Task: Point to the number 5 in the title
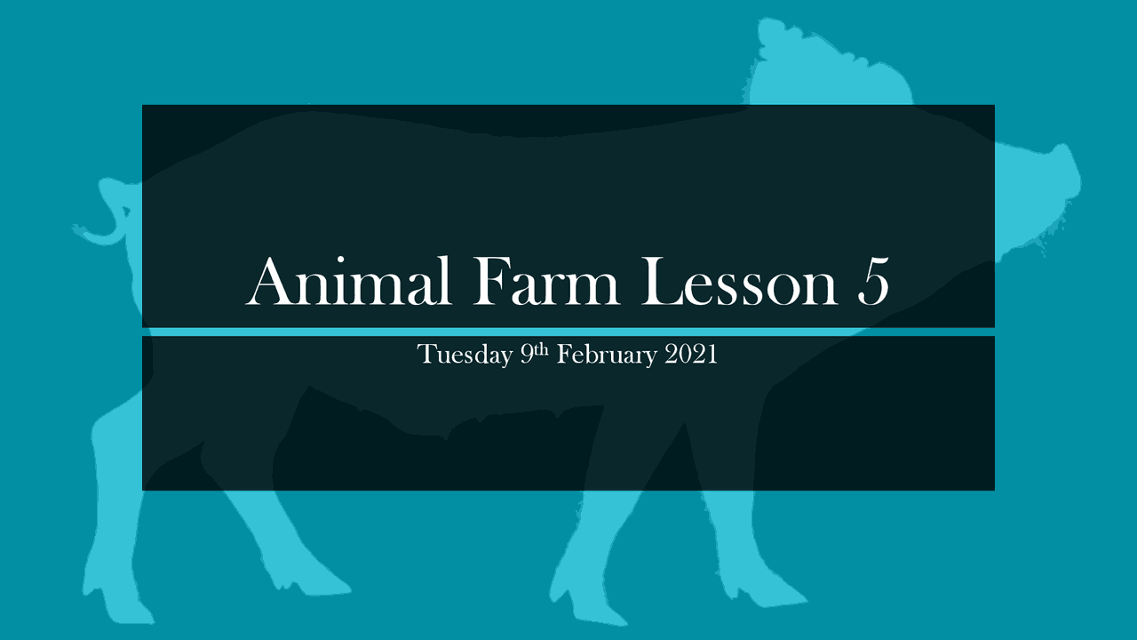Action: pos(873,282)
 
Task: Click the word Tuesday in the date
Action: pos(464,356)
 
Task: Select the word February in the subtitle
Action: pos(607,356)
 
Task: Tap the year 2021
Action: pos(691,355)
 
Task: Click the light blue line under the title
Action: pos(568,332)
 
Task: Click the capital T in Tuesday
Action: pos(425,355)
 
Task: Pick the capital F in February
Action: pos(564,355)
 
